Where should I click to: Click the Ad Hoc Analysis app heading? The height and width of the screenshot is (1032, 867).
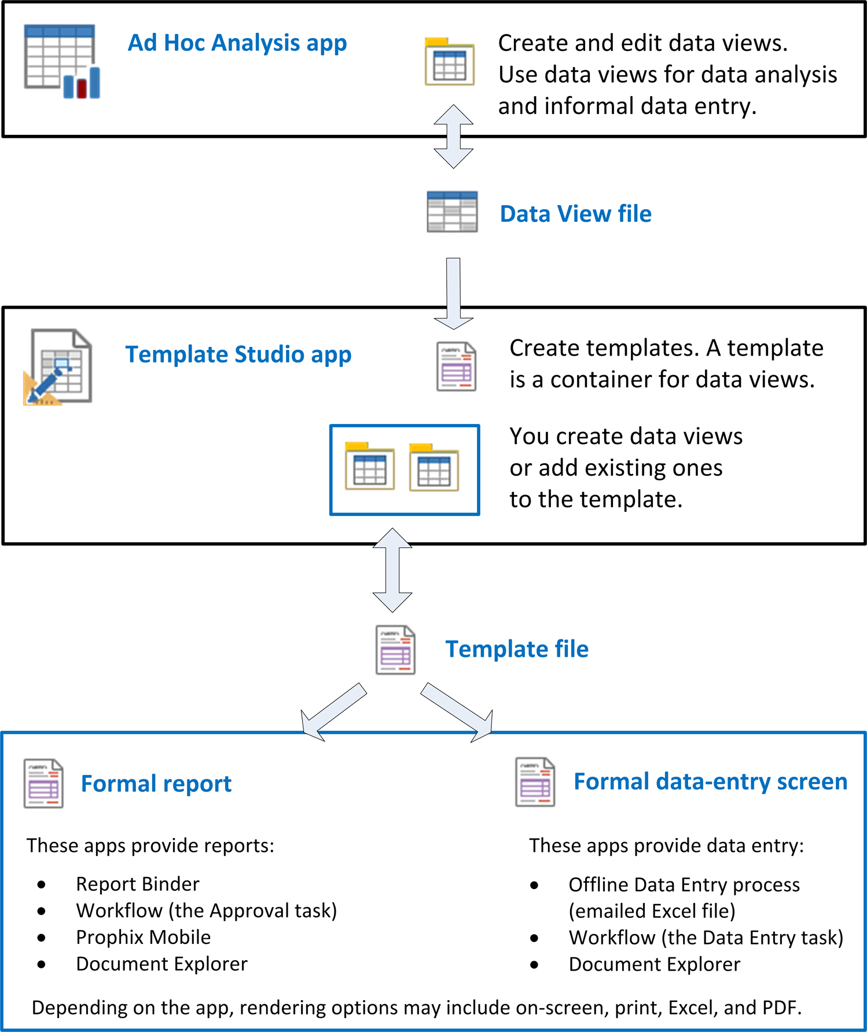pos(237,43)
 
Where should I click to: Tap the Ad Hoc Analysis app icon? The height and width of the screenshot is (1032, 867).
pos(62,61)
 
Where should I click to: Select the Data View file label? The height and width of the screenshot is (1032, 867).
pos(575,214)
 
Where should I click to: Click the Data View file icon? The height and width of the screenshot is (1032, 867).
pos(452,211)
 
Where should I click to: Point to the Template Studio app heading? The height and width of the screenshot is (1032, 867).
pos(238,354)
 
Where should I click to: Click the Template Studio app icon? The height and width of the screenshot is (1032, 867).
pos(58,367)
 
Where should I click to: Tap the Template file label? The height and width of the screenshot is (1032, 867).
pos(517,649)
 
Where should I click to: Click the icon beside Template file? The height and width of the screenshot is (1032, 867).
pos(395,650)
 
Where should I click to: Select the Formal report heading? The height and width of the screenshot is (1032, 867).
pos(156,784)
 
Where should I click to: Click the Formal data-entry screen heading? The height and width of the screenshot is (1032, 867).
pos(710,782)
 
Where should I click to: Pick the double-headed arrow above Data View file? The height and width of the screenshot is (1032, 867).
pos(454,137)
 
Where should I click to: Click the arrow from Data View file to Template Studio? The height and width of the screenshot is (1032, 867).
pos(454,294)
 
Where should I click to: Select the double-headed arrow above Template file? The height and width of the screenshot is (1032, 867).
pos(392,570)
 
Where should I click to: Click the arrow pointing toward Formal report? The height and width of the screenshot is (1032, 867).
pos(333,712)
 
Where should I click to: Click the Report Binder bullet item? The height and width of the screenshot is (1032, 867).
pos(137,884)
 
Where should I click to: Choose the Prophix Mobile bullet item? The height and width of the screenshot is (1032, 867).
pos(143,938)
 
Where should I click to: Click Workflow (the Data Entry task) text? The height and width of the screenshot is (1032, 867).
pos(706,938)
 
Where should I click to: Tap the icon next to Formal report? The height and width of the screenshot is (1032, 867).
pos(43,784)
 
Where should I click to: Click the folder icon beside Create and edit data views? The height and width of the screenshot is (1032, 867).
pos(450,61)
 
